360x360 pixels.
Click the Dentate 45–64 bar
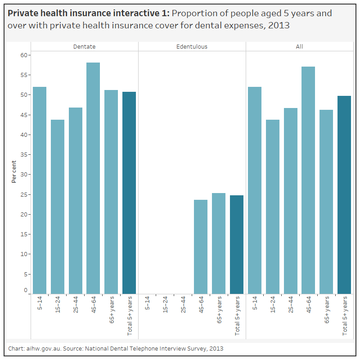pyautogui.click(x=93, y=178)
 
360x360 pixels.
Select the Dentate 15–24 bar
pyautogui.click(x=58, y=207)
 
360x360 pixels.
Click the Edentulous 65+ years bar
pyautogui.click(x=219, y=243)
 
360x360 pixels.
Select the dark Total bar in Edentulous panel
pyautogui.click(x=237, y=244)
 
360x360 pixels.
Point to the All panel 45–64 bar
pyautogui.click(x=308, y=180)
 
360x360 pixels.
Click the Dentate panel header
pyautogui.click(x=85, y=46)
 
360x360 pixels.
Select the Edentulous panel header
pyautogui.click(x=192, y=46)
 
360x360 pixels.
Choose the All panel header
pyautogui.click(x=299, y=46)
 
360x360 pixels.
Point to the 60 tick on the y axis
pyautogui.click(x=24, y=55)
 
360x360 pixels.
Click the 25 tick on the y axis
pyautogui.click(x=24, y=194)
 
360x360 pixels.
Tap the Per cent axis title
pyautogui.click(x=14, y=171)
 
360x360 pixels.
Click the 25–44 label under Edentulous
pyautogui.click(x=183, y=305)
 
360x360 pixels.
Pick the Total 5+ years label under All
pyautogui.click(x=345, y=315)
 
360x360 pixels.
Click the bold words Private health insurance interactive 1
pyautogui.click(x=89, y=13)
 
